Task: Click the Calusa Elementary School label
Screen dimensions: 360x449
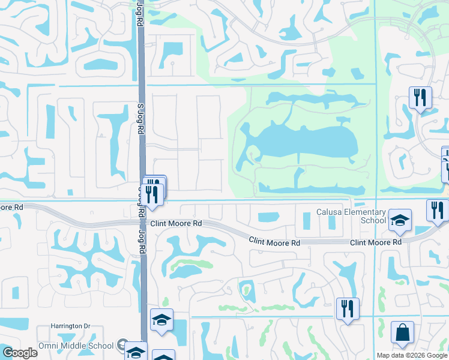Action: [x=351, y=216]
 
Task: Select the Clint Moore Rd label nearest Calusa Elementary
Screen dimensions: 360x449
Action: [x=375, y=242]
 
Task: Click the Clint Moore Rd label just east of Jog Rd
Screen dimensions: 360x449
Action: [x=175, y=223]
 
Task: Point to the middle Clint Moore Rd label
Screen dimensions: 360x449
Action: [x=274, y=241]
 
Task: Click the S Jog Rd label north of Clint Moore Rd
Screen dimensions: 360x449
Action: [x=140, y=117]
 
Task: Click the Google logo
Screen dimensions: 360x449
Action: [x=20, y=353]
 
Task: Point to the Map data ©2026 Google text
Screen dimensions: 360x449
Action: [x=412, y=355]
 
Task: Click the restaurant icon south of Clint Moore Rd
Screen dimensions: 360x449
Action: [x=348, y=309]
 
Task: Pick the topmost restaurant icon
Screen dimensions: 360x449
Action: [x=420, y=98]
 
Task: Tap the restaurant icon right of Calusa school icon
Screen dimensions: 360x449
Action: [x=437, y=210]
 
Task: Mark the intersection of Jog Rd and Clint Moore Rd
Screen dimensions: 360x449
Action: [x=142, y=222]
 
